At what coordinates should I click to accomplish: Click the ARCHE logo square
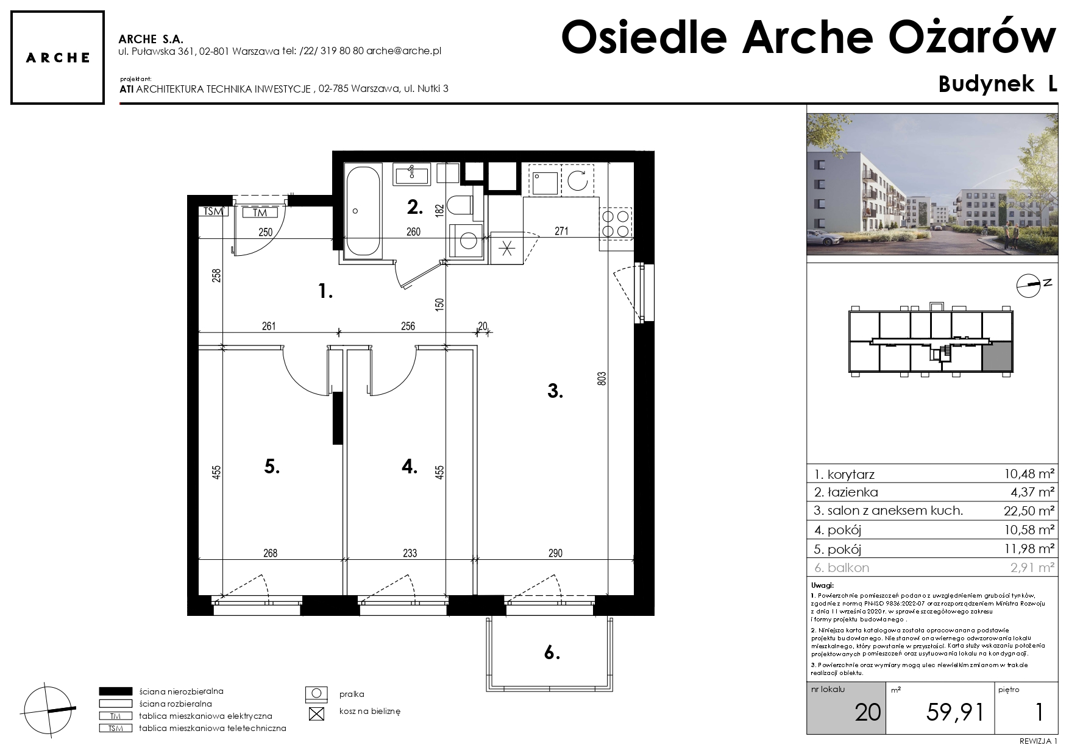pos(57,57)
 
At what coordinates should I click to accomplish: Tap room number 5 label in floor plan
pos(272,467)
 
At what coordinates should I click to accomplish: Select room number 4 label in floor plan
pos(410,467)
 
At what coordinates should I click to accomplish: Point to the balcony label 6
pos(552,653)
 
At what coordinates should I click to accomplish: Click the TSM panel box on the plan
pos(213,212)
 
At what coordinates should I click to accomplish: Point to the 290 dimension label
pos(555,553)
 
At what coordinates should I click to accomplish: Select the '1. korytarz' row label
pos(844,474)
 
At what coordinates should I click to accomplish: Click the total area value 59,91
pos(954,712)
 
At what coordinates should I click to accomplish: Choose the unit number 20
pos(868,712)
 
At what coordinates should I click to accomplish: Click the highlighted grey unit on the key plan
pos(997,356)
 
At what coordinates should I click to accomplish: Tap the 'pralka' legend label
pos(352,694)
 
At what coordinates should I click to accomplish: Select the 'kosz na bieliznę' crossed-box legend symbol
pos(316,713)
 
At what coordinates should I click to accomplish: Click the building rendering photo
pos(932,184)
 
